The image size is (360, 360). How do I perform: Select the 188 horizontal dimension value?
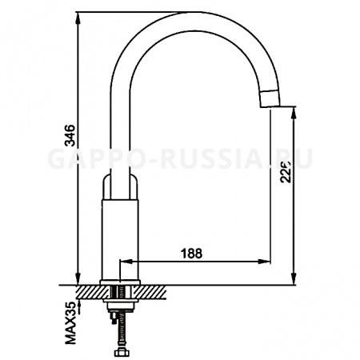[190, 252]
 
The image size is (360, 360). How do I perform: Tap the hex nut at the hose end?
[122, 351]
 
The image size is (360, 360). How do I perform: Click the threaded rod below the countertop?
[122, 328]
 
